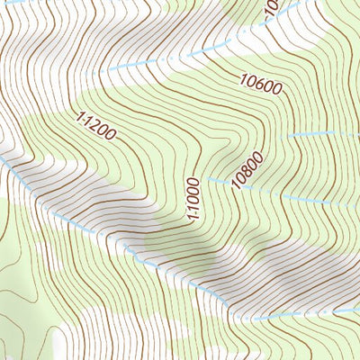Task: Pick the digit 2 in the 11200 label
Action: [97, 128]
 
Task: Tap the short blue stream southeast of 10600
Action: [324, 135]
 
